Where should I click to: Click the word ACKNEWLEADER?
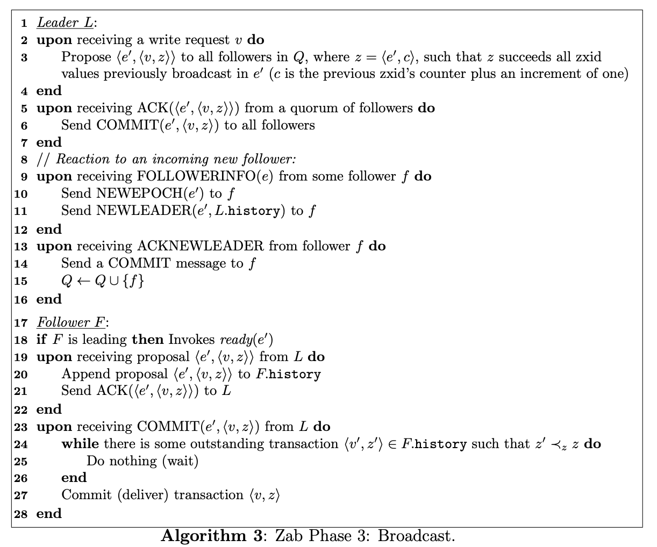[x=200, y=246]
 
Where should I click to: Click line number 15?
[x=21, y=281]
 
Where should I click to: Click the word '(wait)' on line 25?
[x=180, y=461]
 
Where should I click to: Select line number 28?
[x=21, y=514]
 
